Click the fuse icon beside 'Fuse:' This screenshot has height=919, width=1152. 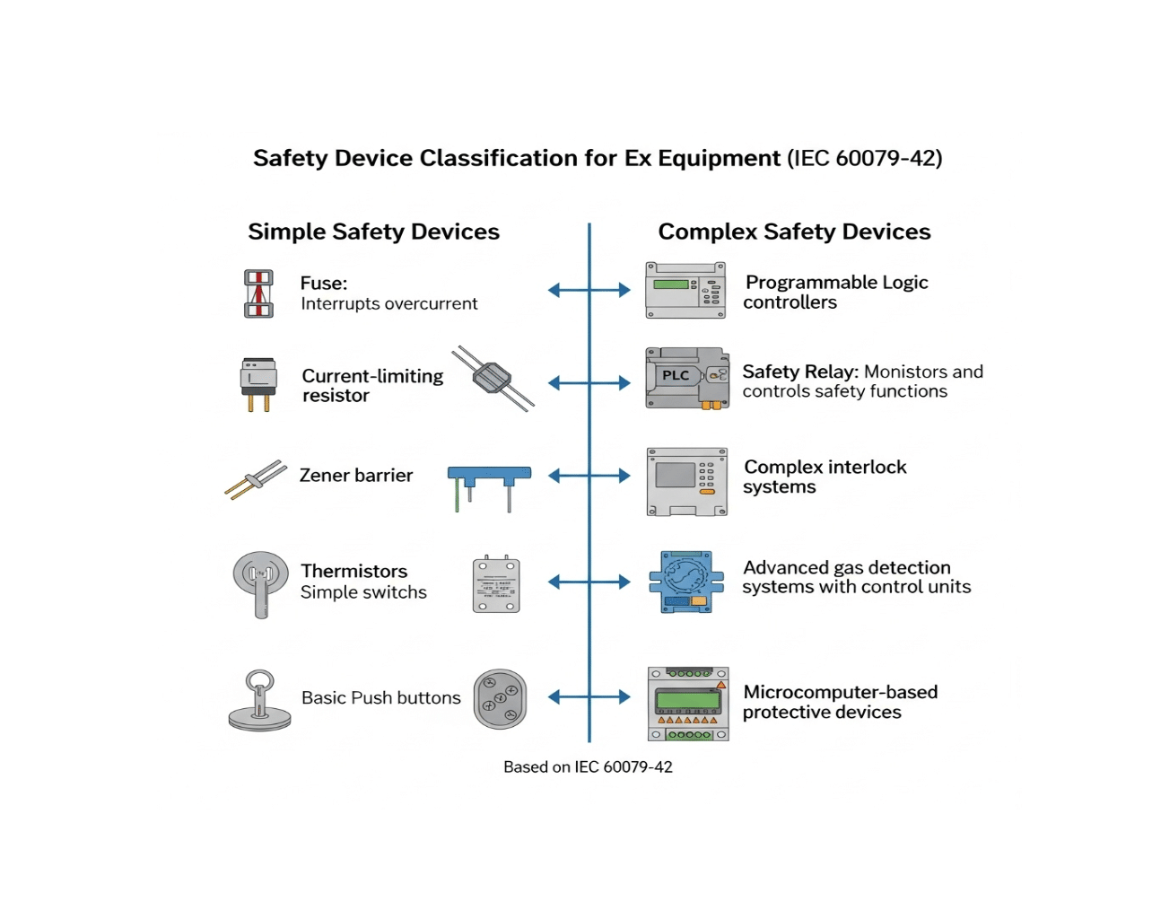(258, 294)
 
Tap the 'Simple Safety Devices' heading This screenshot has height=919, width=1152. (373, 232)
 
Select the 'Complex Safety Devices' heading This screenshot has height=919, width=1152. (794, 232)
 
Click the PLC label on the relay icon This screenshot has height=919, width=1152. (676, 375)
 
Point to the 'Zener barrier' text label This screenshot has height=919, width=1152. (356, 476)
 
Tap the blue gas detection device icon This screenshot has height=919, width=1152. (686, 582)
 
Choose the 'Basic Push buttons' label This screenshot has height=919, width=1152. (380, 698)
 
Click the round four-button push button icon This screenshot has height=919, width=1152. (500, 699)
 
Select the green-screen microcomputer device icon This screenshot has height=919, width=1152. (688, 704)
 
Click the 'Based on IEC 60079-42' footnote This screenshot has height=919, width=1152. (588, 767)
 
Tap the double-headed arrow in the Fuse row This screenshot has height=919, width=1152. (589, 290)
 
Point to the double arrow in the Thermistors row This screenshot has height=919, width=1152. (589, 582)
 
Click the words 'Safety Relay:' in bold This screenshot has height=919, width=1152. (800, 372)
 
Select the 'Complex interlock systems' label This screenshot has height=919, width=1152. (825, 477)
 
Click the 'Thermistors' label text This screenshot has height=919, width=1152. (354, 572)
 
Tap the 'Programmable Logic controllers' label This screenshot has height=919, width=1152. (835, 293)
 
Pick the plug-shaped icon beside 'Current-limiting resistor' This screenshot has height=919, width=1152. (258, 384)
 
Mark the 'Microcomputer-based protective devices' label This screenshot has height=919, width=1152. (840, 702)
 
